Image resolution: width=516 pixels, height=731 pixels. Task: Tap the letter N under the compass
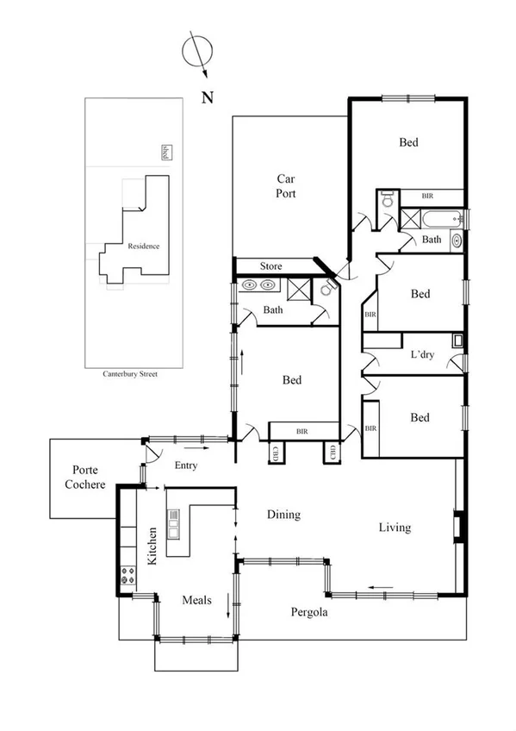[207, 97]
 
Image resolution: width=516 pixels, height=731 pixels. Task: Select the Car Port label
[286, 186]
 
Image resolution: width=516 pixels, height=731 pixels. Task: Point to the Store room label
[270, 266]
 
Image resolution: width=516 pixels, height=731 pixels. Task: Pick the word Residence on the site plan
[143, 246]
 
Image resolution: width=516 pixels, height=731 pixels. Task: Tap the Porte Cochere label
[84, 478]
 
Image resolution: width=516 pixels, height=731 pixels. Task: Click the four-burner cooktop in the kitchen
[128, 575]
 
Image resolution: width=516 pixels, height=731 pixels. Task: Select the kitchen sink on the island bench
[174, 523]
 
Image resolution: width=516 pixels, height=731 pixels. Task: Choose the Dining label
[283, 515]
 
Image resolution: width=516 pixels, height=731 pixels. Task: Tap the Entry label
[185, 465]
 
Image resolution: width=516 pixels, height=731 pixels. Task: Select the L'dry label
[421, 354]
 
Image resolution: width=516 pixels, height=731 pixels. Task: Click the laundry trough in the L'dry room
[458, 339]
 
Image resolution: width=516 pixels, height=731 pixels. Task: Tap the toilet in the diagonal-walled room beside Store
[326, 290]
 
